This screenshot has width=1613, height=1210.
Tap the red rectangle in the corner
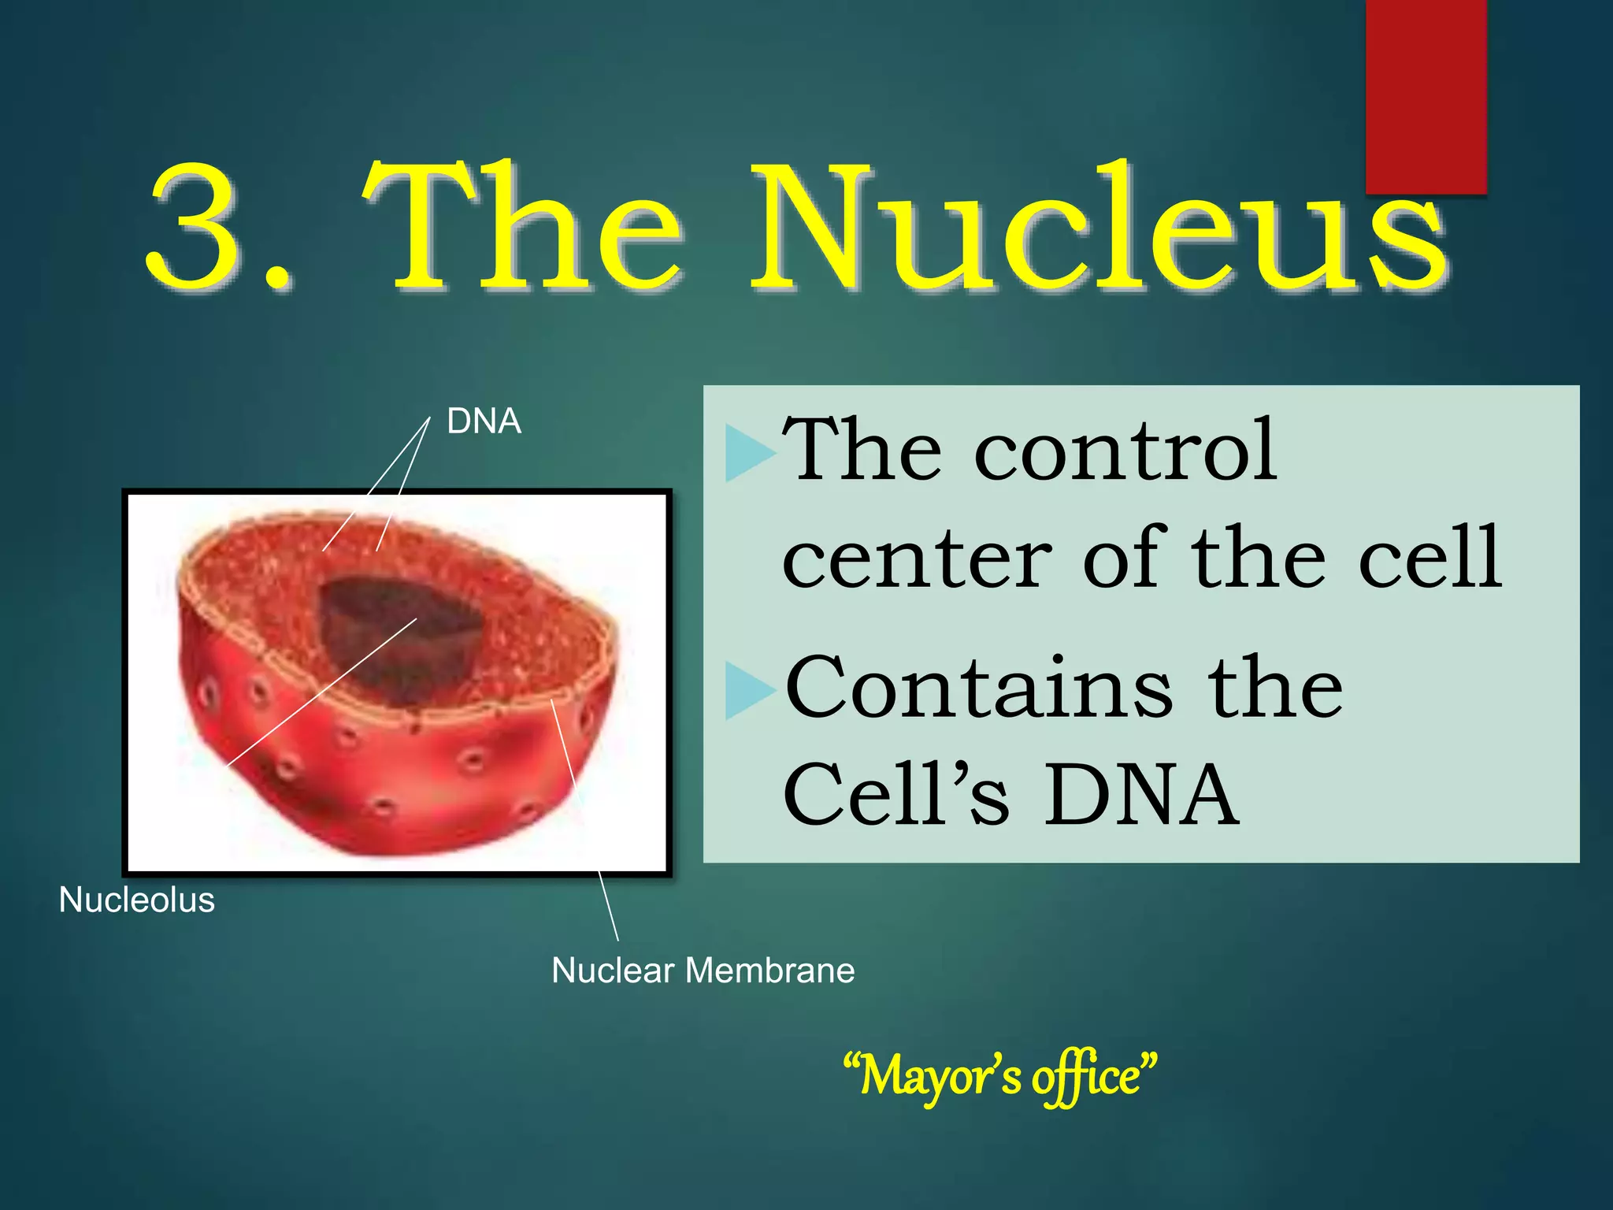click(1426, 95)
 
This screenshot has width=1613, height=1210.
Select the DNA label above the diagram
click(484, 421)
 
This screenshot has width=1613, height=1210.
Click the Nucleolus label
click(136, 900)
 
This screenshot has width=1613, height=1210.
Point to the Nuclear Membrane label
click(703, 970)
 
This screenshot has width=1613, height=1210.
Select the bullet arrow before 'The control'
click(748, 453)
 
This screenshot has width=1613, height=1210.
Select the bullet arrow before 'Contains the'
click(748, 691)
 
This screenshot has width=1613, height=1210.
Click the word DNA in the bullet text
click(1142, 796)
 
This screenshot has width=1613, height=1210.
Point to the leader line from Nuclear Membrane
click(608, 906)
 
